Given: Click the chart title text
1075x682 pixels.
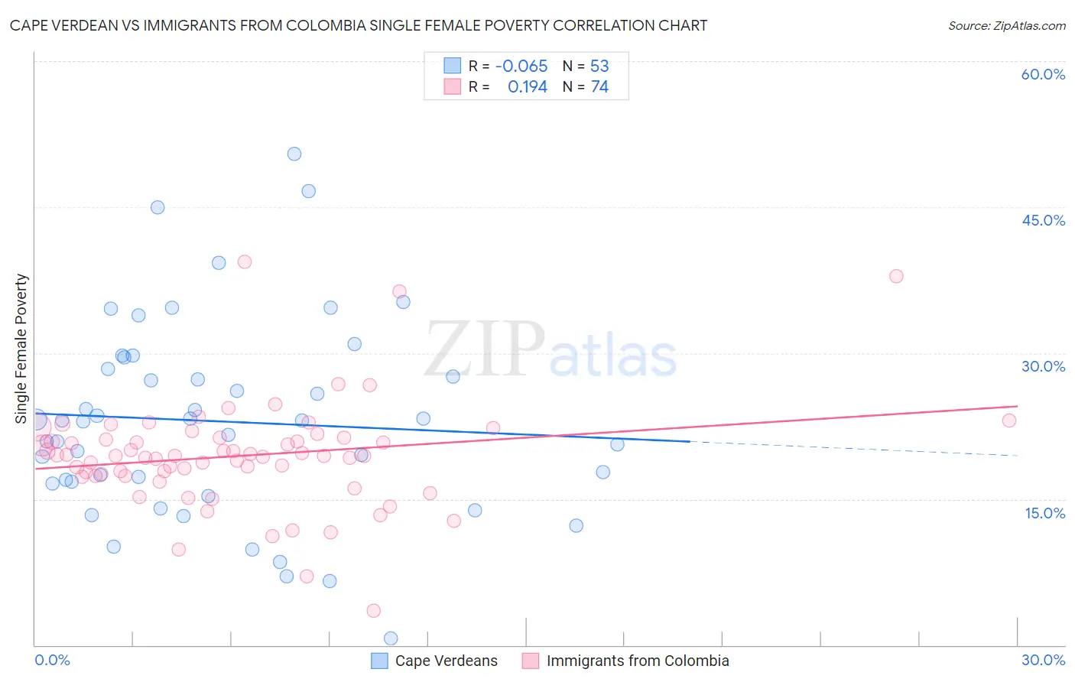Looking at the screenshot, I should (359, 25).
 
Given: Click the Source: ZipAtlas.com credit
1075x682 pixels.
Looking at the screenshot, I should (1006, 25).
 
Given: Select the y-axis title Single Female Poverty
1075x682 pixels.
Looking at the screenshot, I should (21, 349).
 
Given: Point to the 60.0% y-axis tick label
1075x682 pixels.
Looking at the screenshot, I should (1043, 74).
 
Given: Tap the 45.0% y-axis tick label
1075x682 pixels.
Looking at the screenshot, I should (1043, 220).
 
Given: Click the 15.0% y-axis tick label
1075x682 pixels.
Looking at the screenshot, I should (1044, 513).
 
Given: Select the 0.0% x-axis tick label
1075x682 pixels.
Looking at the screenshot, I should (52, 660).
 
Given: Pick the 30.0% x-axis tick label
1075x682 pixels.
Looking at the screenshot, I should (1043, 660).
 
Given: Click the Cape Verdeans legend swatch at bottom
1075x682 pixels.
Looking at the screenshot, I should (379, 661).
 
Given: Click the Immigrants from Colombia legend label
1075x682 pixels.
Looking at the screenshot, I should (638, 661).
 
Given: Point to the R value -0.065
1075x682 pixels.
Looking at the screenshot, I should (521, 67).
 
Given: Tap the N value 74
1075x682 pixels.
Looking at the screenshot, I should (599, 87).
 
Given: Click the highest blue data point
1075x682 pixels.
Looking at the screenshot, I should (294, 154).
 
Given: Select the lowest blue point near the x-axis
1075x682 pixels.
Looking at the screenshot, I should (391, 638).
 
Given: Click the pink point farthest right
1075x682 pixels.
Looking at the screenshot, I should (1009, 421).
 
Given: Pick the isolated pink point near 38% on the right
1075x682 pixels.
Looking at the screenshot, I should (896, 276).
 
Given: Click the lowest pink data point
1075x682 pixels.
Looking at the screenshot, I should (373, 610).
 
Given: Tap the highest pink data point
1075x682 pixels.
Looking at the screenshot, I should (245, 261).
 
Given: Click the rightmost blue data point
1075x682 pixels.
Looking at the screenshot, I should (617, 444).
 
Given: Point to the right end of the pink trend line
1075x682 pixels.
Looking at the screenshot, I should (1018, 406).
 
